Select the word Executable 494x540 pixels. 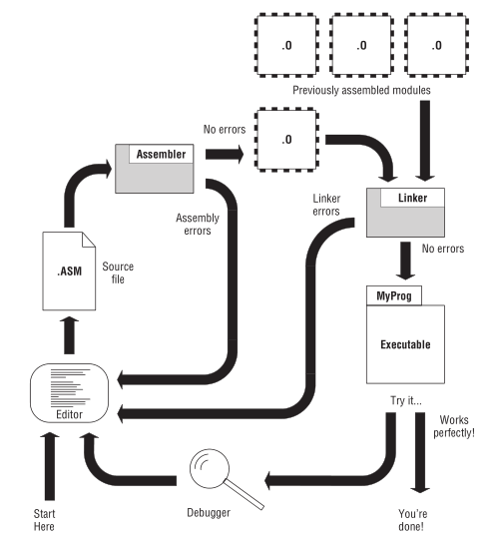pyautogui.click(x=405, y=344)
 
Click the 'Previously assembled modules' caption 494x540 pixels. pyautogui.click(x=360, y=90)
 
